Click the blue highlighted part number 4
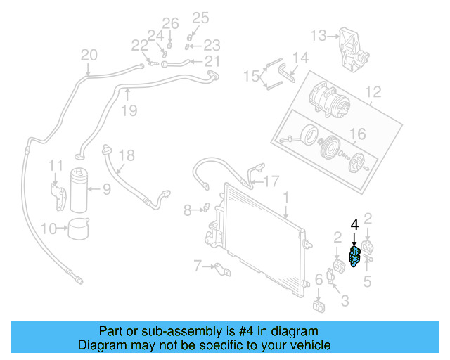356,257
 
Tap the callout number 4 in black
355,225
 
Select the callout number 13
319,34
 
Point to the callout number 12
373,91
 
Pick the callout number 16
358,134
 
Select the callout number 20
89,56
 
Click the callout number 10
49,228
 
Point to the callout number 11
56,165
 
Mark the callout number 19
127,110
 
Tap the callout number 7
198,266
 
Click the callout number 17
271,181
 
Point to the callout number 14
300,58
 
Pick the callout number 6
319,280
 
